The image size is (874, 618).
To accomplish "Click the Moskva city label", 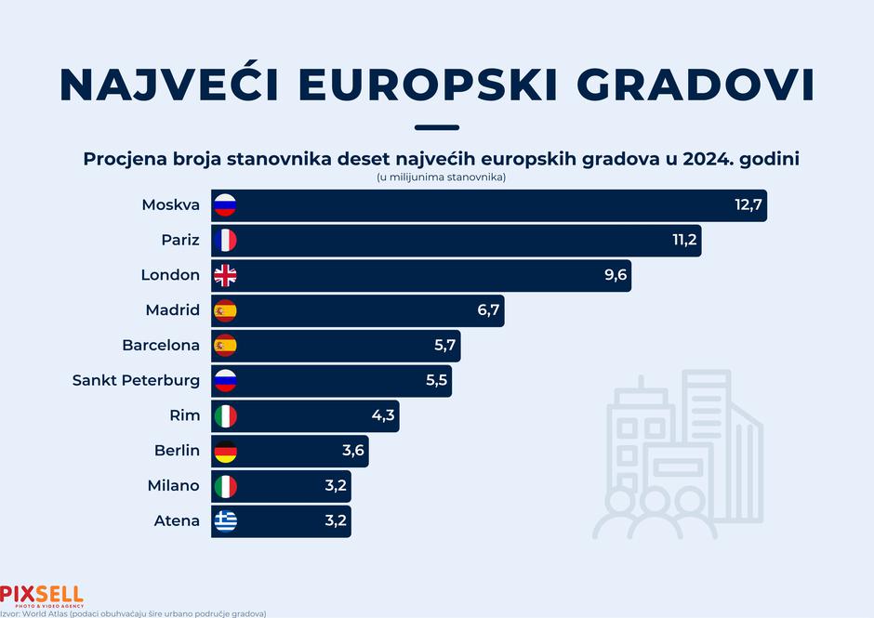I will (x=171, y=204).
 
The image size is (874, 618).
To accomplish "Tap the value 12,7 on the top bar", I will (x=748, y=205).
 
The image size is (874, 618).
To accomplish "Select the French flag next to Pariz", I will (x=225, y=240).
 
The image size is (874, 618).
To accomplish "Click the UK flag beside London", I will (x=225, y=275).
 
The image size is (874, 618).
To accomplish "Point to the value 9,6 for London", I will (x=616, y=275).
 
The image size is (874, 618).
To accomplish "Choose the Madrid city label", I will (x=172, y=309).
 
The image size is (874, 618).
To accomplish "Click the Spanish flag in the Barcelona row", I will (x=225, y=345).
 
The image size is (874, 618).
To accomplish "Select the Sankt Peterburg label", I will (x=136, y=380).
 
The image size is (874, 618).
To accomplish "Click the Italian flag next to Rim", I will (x=225, y=415).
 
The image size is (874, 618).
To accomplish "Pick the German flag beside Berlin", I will (x=225, y=451).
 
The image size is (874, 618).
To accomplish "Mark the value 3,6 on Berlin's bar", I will (x=354, y=451).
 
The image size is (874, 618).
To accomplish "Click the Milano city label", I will (x=173, y=485).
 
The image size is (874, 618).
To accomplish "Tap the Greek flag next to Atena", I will (x=225, y=520).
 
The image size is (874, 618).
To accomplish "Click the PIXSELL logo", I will (x=41, y=594).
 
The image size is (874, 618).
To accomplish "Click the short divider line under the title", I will (x=437, y=127).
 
